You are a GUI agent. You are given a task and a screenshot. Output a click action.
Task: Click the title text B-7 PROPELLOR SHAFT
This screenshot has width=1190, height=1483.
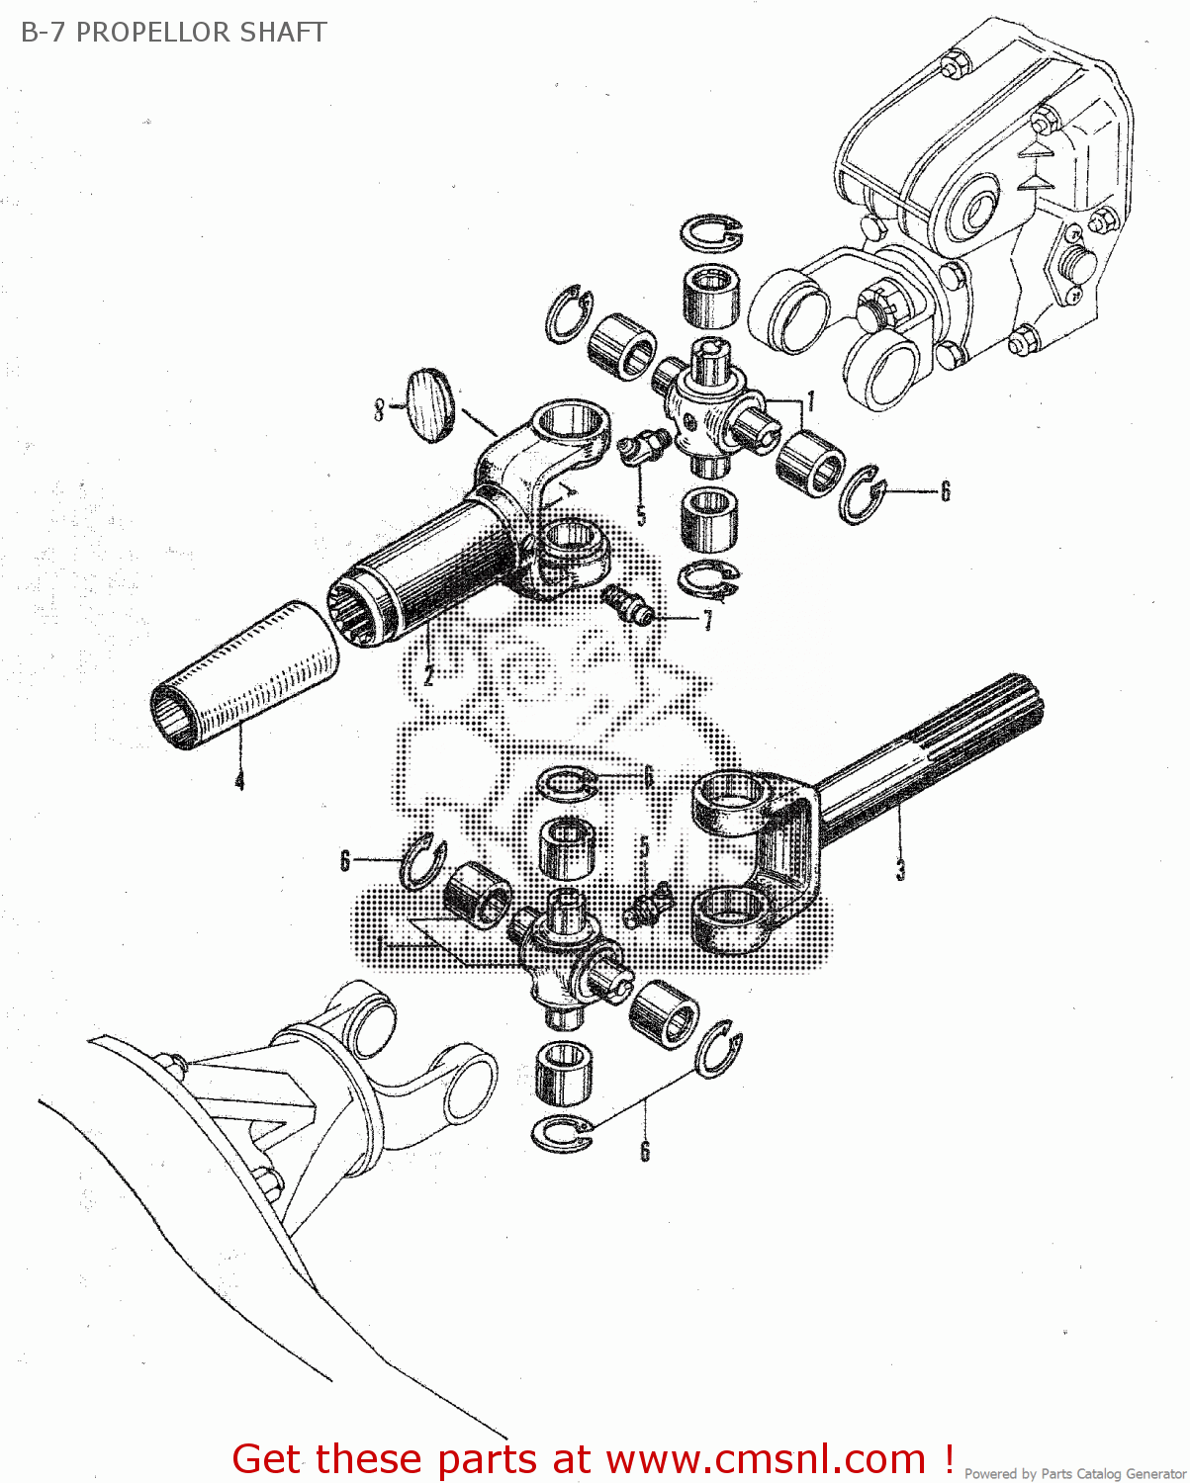point(173,33)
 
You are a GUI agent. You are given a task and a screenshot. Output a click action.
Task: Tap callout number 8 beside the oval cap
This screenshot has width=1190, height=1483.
point(379,409)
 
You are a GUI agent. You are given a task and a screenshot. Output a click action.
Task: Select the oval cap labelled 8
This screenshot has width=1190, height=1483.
point(428,405)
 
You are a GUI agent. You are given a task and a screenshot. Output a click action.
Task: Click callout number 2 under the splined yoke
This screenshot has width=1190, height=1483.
point(428,676)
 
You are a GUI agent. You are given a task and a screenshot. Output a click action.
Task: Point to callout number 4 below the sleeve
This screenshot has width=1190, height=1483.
point(239,780)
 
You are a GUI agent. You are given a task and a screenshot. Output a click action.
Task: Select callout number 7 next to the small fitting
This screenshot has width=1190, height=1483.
point(707,622)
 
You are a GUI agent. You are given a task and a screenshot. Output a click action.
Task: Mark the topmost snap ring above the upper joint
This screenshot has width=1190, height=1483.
point(710,233)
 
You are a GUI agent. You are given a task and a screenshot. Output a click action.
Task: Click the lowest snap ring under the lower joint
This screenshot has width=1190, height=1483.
point(562,1132)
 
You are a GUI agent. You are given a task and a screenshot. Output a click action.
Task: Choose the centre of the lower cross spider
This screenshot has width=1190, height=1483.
point(564,949)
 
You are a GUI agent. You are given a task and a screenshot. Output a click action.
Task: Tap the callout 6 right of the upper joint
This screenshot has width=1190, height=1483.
point(945,491)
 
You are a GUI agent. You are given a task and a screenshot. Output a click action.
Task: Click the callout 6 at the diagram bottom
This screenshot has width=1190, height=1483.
point(645,1151)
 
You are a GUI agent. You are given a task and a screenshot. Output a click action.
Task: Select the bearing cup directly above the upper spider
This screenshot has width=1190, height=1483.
point(710,296)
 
